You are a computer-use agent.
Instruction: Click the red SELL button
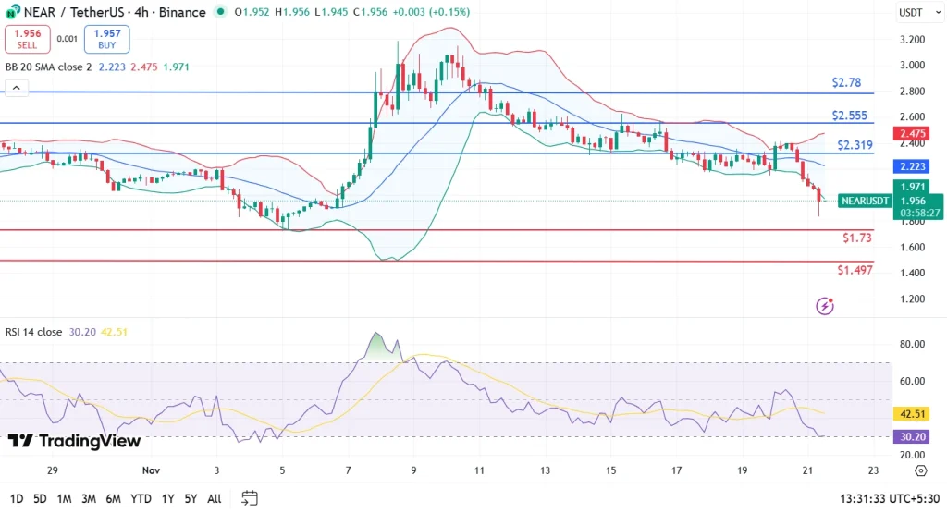27,39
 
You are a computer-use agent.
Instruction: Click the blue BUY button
107,39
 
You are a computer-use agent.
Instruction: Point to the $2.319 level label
855,145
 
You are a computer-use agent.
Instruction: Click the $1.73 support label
856,238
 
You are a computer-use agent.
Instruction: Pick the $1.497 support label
855,270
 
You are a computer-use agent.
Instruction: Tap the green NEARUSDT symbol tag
866,201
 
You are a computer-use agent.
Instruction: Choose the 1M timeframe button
65,498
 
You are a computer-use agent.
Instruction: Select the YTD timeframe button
141,498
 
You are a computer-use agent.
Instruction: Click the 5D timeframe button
40,498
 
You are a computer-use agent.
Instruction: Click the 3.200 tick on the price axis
912,40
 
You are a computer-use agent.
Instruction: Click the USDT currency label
912,12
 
